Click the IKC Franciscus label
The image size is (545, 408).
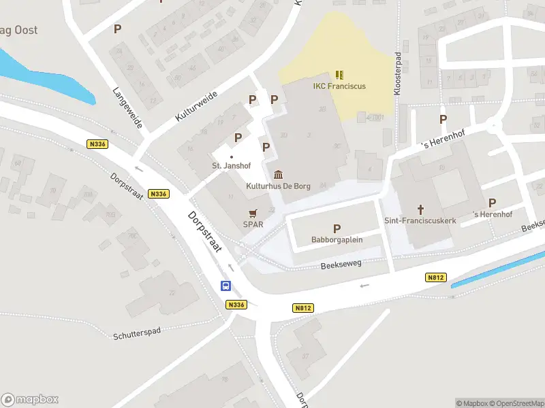339,86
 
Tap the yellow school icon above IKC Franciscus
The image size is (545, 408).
339,74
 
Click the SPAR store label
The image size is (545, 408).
253,224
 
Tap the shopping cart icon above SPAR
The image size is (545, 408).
253,212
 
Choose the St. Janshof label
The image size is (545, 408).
231,166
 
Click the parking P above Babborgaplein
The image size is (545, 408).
337,228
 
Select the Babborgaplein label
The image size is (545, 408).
337,240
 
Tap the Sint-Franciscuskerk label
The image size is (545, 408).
420,220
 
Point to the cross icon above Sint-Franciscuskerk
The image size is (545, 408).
420,209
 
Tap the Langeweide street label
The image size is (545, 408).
127,107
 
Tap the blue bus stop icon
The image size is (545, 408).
225,286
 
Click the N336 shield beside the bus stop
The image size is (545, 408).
236,305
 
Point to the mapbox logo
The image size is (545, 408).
30,400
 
